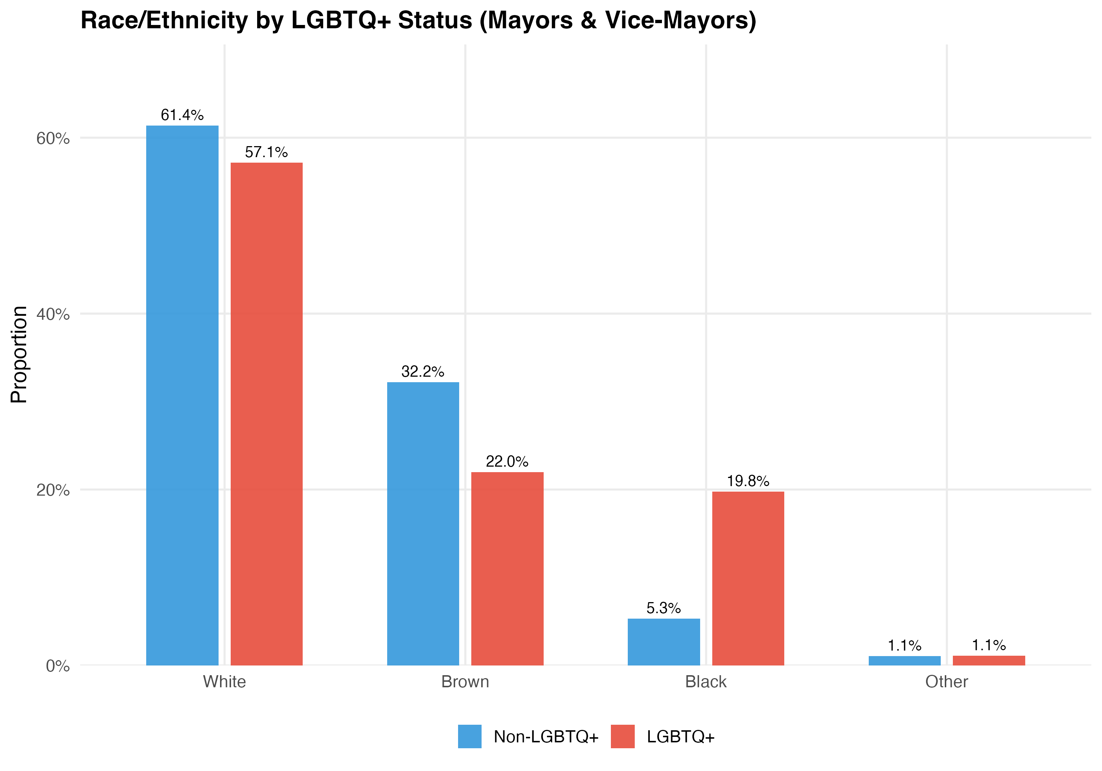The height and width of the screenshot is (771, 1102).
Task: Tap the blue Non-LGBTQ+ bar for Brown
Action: tap(423, 524)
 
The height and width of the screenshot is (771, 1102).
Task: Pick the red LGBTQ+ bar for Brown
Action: tap(507, 569)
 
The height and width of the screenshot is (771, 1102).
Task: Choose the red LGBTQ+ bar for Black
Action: tap(748, 578)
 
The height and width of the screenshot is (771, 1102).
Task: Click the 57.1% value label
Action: tap(266, 153)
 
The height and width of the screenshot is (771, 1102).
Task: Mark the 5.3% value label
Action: tap(664, 608)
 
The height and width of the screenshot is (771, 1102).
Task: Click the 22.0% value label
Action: tap(507, 461)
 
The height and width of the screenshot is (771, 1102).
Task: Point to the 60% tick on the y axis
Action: tap(53, 139)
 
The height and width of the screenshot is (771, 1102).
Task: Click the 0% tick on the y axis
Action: tap(58, 666)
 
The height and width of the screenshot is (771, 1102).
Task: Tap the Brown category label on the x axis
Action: tap(465, 682)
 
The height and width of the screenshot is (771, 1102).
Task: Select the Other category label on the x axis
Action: tap(947, 682)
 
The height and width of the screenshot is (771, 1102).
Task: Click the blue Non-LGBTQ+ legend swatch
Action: tap(469, 736)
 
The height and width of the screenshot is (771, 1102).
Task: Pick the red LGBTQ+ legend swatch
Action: tap(623, 736)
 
